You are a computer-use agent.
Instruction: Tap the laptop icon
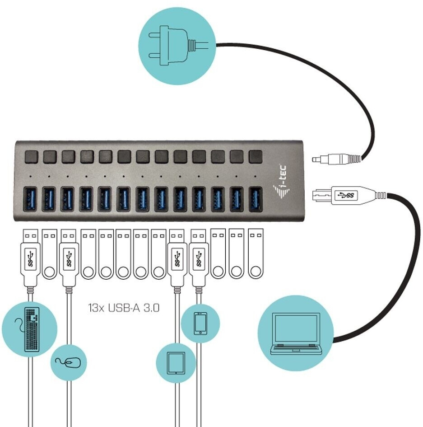296,334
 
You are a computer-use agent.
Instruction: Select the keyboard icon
32,329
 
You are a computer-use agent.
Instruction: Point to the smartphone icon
200,324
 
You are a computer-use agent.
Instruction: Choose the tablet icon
176,363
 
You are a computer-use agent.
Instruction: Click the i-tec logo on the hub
281,181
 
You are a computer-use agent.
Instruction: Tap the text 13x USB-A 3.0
124,308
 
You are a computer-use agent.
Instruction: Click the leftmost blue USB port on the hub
30,199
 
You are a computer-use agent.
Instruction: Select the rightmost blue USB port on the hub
256,199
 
